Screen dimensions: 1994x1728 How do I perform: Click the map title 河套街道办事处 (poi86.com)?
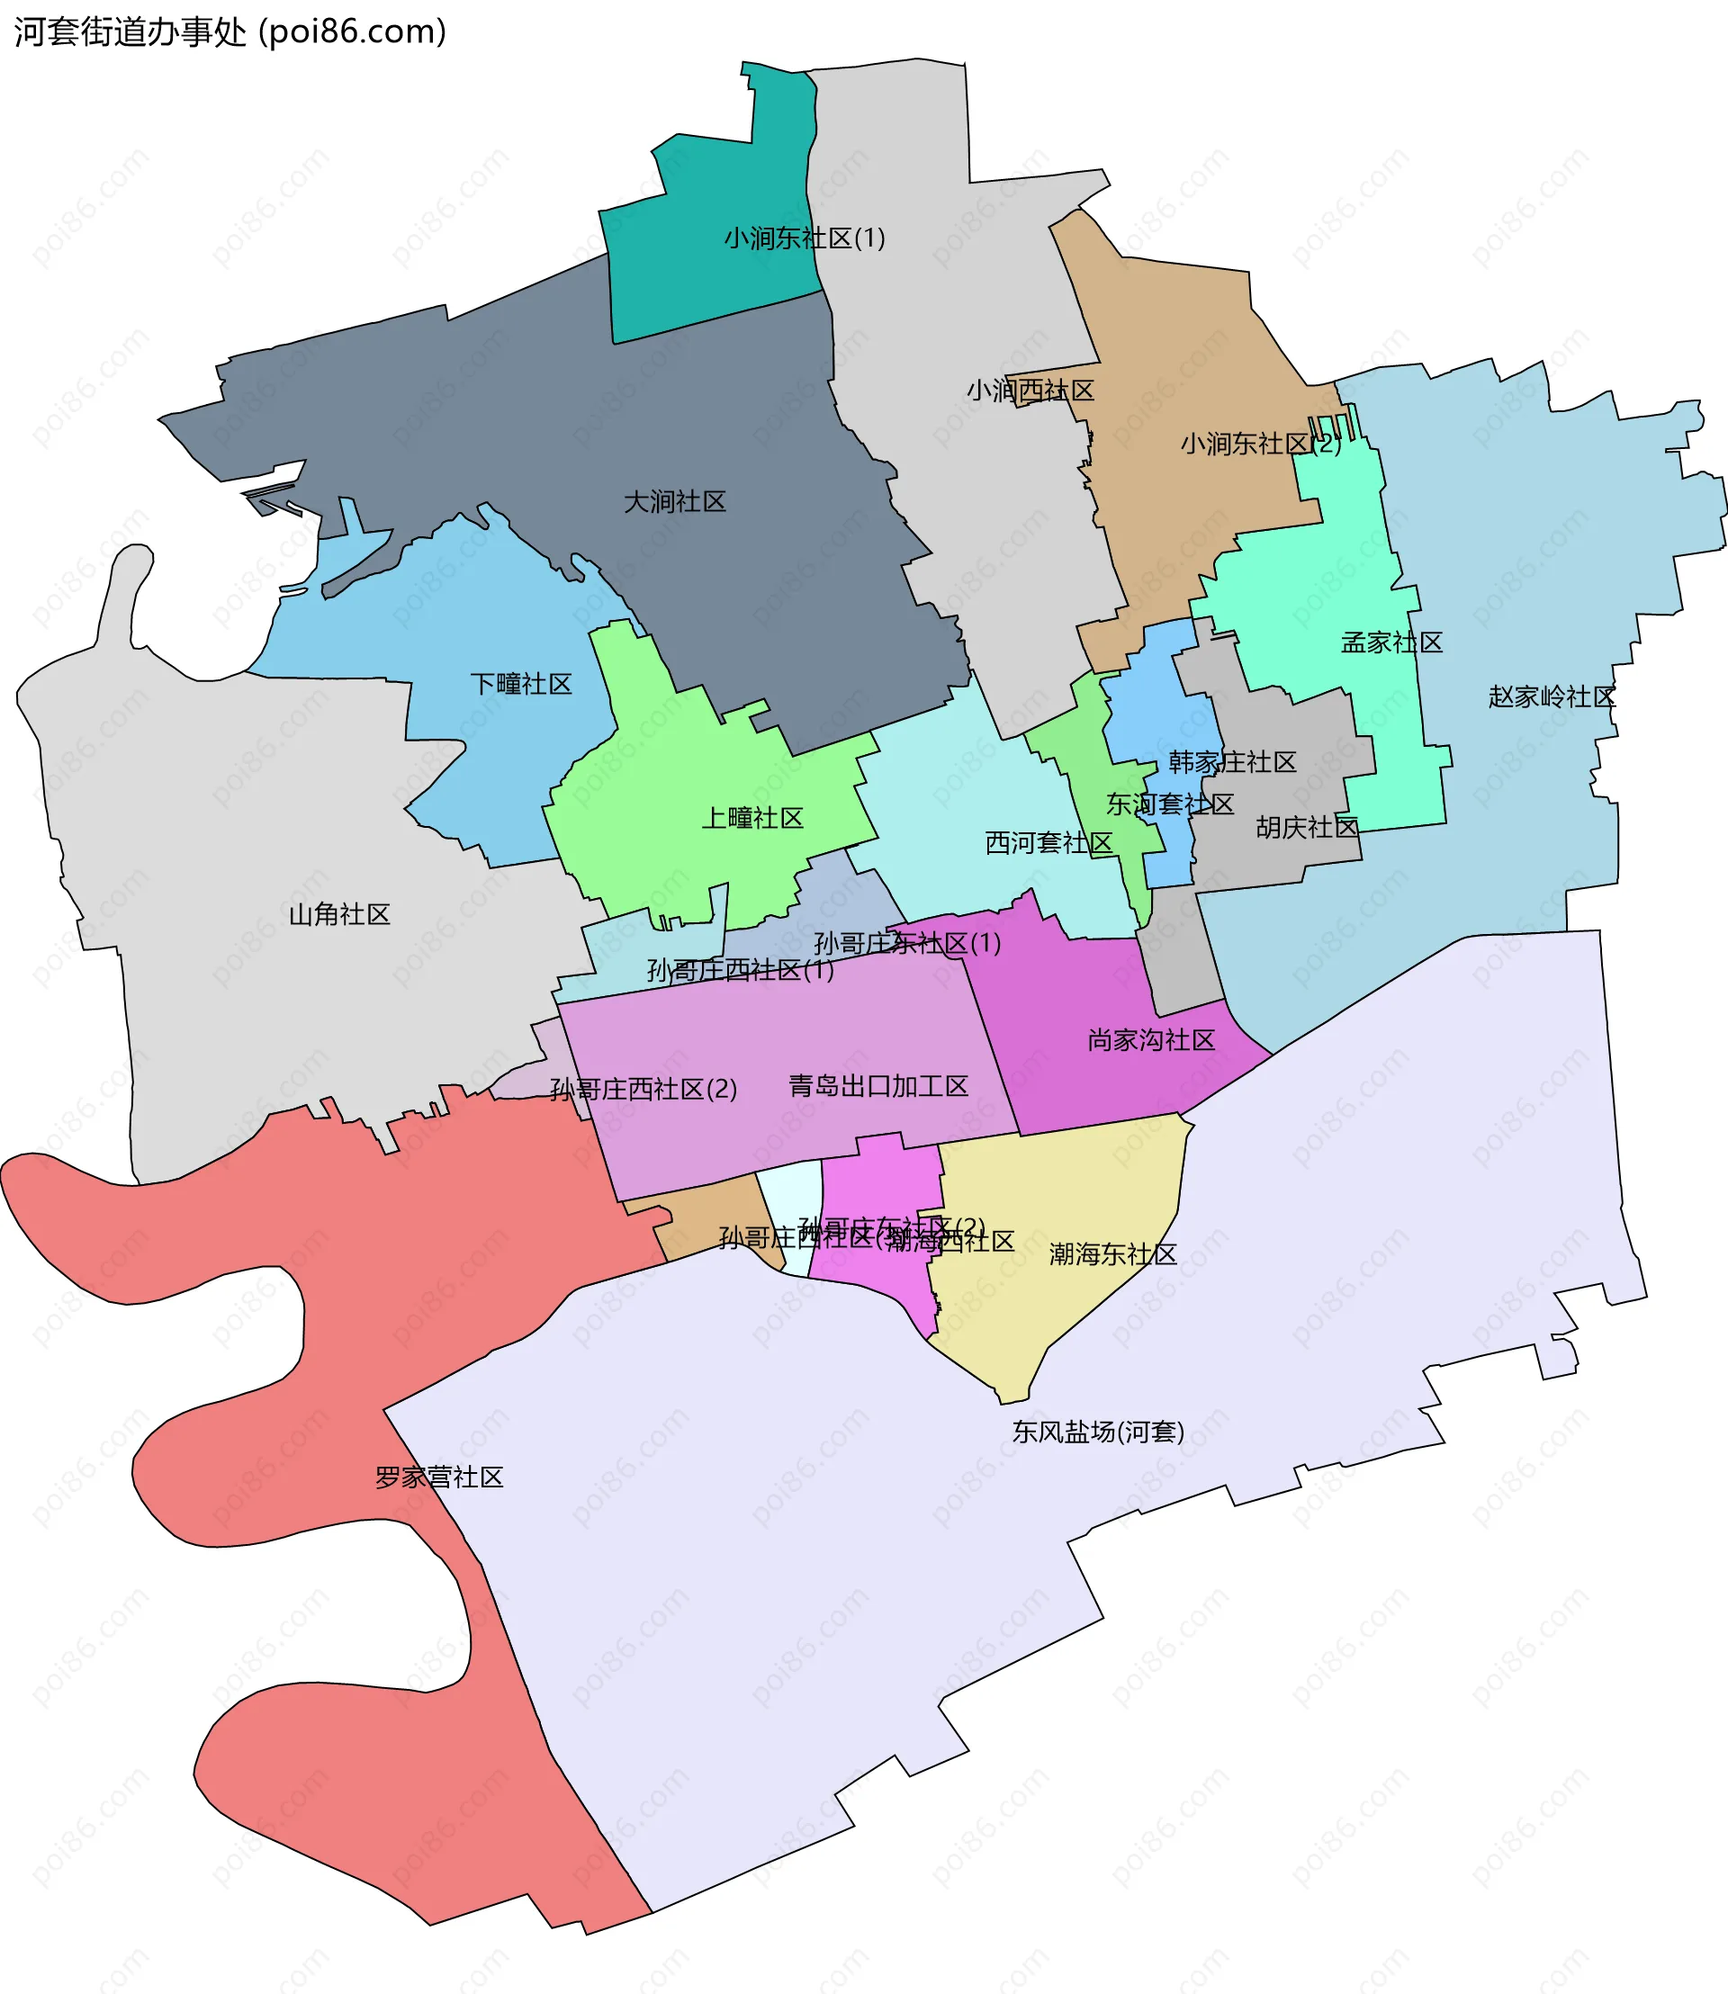point(229,31)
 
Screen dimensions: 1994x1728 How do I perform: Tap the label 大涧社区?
point(674,501)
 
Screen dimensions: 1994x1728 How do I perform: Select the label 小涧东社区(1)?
point(805,238)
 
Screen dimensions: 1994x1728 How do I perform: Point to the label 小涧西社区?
point(1030,391)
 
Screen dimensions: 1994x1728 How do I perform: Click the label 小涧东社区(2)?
point(1260,444)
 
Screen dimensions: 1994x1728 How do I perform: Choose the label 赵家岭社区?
point(1551,696)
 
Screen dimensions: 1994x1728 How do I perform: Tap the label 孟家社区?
point(1391,642)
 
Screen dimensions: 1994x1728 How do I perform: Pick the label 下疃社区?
point(521,684)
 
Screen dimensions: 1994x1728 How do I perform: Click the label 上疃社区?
point(752,818)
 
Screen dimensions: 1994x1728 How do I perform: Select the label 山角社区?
point(339,914)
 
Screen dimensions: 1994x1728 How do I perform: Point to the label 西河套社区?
point(1048,843)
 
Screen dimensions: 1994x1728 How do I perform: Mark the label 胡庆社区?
point(1307,827)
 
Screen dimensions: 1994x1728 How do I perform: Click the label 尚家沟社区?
point(1150,1039)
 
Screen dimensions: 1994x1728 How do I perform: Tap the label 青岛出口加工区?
point(877,1086)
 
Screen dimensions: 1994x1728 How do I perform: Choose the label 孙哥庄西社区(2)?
point(643,1090)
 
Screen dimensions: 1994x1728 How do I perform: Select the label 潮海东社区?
point(1112,1253)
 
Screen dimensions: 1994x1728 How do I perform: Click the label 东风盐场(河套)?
point(1097,1431)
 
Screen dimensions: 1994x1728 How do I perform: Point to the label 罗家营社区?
point(439,1478)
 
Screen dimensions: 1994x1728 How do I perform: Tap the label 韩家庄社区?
point(1231,762)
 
